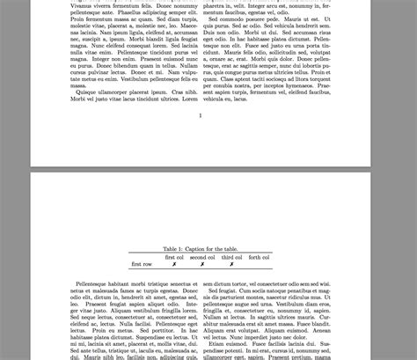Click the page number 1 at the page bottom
click(x=201, y=115)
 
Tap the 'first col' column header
click(x=175, y=257)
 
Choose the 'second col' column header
click(x=202, y=257)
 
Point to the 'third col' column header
click(x=231, y=257)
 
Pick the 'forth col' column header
click(x=259, y=257)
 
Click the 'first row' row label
click(x=142, y=264)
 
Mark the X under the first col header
click(x=175, y=264)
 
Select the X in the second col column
click(x=202, y=264)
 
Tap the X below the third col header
click(x=231, y=264)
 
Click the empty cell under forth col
click(x=259, y=264)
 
